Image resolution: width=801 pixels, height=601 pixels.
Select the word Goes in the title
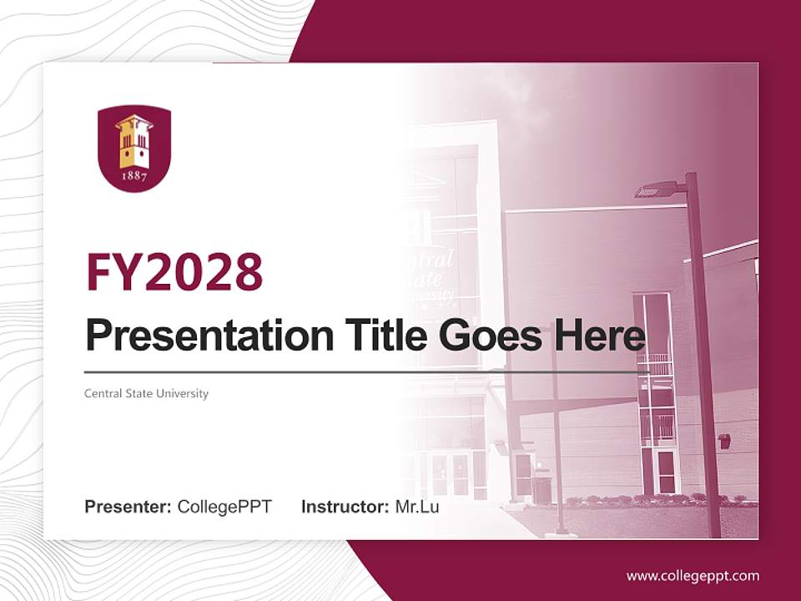click(486, 336)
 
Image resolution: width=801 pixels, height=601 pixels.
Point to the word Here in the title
click(598, 336)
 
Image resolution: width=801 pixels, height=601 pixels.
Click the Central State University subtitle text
click(146, 393)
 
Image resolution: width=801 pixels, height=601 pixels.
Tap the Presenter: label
click(128, 507)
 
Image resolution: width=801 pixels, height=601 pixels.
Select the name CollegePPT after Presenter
click(224, 507)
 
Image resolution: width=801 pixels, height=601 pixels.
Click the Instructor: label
click(345, 507)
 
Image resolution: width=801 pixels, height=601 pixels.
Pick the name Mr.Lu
click(417, 507)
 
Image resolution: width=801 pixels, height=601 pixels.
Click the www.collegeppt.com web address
click(693, 576)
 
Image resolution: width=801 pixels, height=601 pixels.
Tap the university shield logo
click(134, 149)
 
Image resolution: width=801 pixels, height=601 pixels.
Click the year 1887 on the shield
click(134, 176)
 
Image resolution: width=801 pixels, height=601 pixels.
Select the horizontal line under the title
click(367, 372)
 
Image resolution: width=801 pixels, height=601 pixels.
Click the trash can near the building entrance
click(542, 489)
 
